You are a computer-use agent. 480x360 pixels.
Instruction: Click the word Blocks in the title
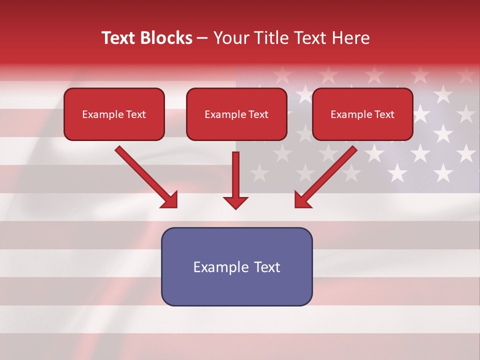coord(166,38)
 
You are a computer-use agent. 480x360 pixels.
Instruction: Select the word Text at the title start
coord(119,38)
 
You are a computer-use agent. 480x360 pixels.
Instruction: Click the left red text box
coord(114,114)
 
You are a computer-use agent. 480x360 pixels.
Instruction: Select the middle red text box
coord(236,114)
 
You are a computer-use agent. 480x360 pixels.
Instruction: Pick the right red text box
coord(362,114)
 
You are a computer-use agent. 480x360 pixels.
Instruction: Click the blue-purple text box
coord(236,266)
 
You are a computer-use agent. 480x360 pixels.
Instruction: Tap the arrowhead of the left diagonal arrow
coord(169,200)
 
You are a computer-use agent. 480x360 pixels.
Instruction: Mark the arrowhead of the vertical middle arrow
coord(235,202)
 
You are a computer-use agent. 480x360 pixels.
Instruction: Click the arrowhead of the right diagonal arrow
coord(302,200)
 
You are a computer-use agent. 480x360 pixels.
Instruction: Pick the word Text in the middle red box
coord(258,114)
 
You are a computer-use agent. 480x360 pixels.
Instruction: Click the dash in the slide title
coord(202,38)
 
